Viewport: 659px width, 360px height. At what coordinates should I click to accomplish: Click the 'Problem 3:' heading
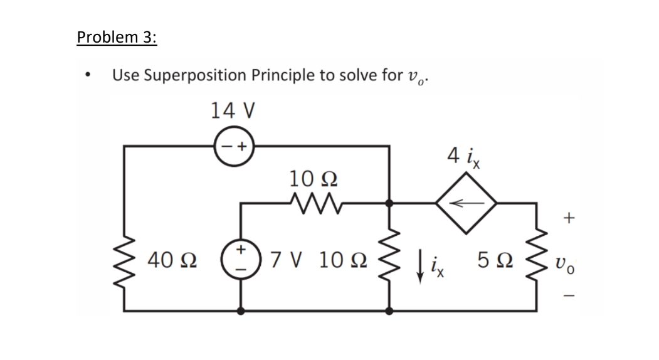click(117, 37)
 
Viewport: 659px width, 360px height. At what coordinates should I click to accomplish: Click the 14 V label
click(233, 110)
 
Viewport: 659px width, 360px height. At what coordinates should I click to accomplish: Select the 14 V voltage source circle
click(233, 146)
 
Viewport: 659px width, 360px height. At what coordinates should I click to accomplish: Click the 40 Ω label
click(171, 258)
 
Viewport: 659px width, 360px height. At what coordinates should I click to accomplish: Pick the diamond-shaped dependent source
click(467, 203)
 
